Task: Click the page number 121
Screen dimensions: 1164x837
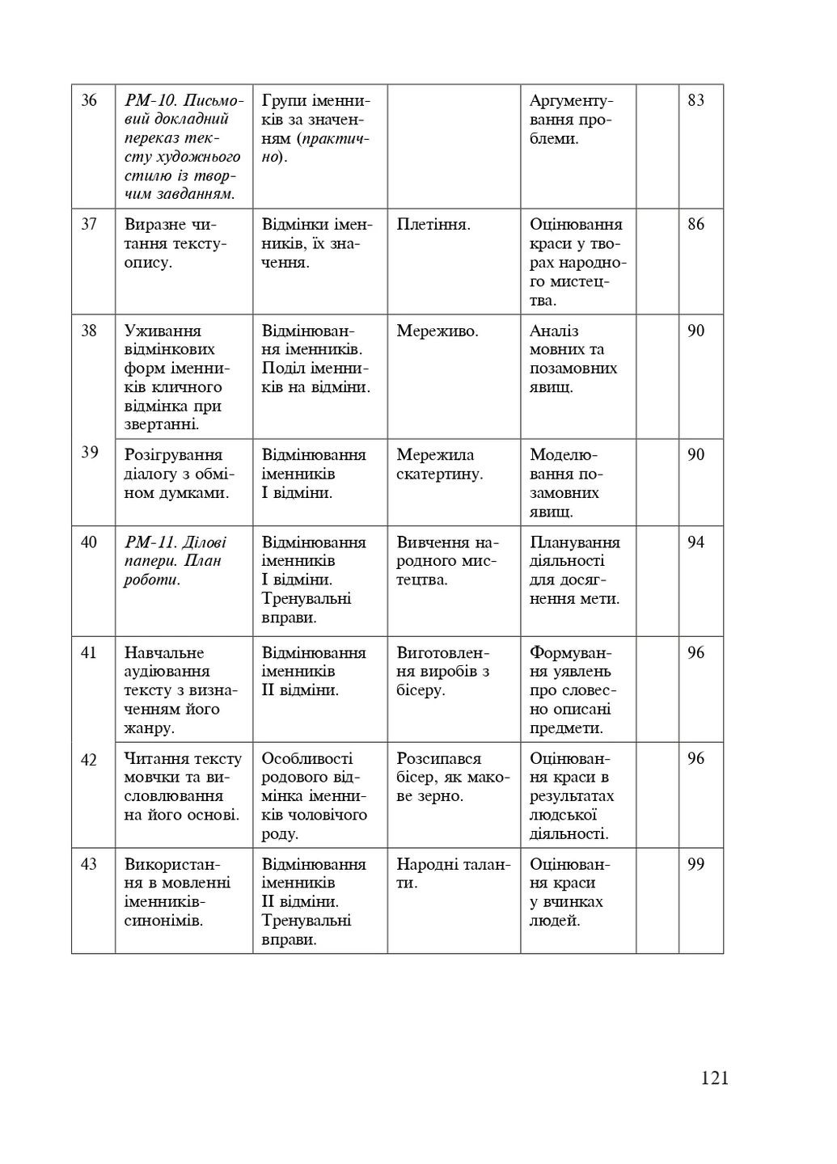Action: (715, 1078)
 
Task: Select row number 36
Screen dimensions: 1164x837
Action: (89, 100)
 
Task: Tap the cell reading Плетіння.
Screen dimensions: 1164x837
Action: (433, 225)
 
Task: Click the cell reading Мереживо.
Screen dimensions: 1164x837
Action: (437, 331)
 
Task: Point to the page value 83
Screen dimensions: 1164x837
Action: (695, 100)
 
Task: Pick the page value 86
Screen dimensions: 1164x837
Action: (695, 225)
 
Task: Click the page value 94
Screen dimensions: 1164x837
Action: (695, 542)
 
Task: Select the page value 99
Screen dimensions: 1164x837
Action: (695, 864)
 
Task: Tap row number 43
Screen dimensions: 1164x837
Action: (89, 864)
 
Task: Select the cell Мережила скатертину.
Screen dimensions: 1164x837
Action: (439, 464)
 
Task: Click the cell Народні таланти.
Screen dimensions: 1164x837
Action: (453, 873)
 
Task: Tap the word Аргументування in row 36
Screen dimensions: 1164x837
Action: (572, 110)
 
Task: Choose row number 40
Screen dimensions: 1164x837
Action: (89, 542)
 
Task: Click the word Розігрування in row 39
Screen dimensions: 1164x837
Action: (173, 455)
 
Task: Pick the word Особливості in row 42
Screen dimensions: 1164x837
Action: (307, 758)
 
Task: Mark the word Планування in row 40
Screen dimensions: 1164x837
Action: (574, 542)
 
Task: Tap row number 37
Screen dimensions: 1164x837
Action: (89, 225)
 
